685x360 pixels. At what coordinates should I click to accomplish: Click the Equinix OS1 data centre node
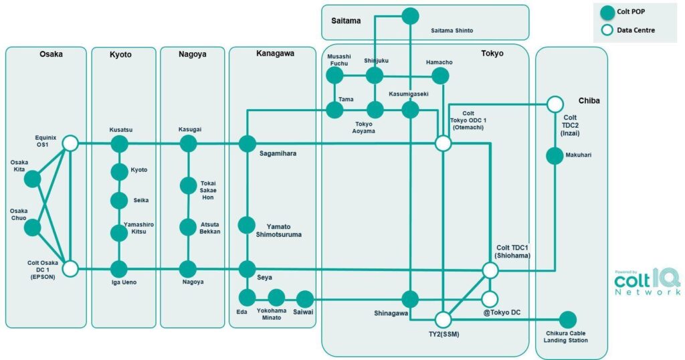[70, 143]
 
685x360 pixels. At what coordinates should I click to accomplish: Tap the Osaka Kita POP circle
[32, 179]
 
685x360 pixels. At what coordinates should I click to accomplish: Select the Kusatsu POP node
[119, 143]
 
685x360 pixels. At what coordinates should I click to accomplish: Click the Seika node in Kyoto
[119, 200]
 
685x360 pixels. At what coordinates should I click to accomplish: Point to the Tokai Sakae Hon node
[188, 185]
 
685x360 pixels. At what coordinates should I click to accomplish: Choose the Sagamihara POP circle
[248, 143]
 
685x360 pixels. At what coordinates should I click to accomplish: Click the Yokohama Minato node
[276, 298]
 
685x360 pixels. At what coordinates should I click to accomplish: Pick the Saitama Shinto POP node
[410, 16]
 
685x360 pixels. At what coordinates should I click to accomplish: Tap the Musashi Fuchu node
[334, 75]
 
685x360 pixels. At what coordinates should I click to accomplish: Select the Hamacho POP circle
[439, 76]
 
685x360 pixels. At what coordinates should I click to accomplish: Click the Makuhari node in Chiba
[555, 156]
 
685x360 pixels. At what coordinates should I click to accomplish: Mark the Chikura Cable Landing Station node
[567, 320]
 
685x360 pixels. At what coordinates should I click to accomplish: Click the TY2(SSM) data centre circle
[443, 319]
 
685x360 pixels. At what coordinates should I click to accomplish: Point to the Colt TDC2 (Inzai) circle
[555, 104]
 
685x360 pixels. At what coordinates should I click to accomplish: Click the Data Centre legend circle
[607, 30]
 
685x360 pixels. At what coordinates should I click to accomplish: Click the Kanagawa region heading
[275, 53]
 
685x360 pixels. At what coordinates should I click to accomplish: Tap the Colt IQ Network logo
[647, 282]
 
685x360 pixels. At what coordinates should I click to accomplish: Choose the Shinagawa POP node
[410, 299]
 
